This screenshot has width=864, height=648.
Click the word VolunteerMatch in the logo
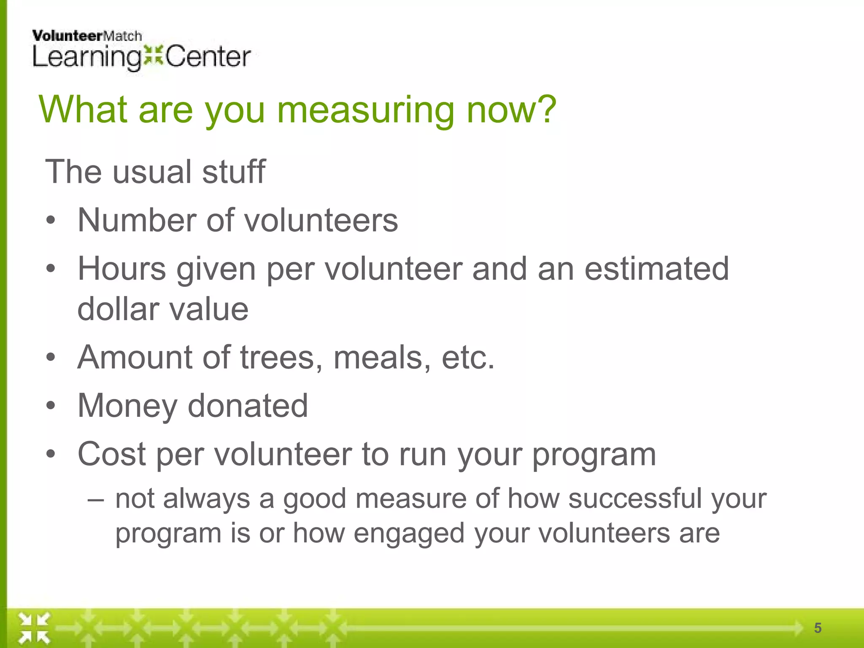pyautogui.click(x=87, y=36)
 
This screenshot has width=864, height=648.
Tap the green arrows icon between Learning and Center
pyautogui.click(x=153, y=57)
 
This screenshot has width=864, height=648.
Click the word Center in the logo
pyautogui.click(x=208, y=57)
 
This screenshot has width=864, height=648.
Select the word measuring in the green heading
pyautogui.click(x=366, y=111)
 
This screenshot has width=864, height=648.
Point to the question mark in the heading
pyautogui.click(x=546, y=109)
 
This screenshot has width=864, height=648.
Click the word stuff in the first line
pyautogui.click(x=233, y=172)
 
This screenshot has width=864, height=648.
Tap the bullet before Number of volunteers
pyautogui.click(x=51, y=221)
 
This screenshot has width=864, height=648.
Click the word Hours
pyautogui.click(x=122, y=269)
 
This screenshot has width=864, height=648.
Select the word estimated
pyautogui.click(x=656, y=269)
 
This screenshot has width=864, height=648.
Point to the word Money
pyautogui.click(x=127, y=406)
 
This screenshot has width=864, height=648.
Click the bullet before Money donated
pyautogui.click(x=51, y=406)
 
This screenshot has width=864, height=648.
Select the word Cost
pyautogui.click(x=112, y=454)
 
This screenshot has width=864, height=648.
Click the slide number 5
pyautogui.click(x=818, y=628)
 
